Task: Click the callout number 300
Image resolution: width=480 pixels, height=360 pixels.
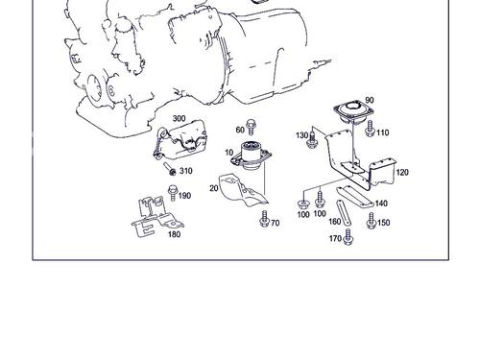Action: point(179,118)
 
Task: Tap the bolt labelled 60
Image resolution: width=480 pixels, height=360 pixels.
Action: point(251,127)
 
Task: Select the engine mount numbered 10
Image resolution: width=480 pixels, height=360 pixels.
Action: point(252,155)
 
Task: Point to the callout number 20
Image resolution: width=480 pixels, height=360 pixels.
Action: point(214,188)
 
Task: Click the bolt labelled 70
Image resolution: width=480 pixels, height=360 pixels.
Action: point(264,219)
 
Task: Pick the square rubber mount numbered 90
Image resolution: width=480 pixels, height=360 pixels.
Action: point(353,112)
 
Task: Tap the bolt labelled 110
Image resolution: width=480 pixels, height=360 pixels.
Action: point(370,128)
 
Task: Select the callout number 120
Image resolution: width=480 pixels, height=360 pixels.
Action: point(402,173)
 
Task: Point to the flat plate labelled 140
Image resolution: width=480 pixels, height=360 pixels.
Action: point(355,196)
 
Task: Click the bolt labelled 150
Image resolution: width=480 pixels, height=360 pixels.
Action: point(372,221)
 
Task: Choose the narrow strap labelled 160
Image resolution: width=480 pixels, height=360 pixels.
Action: point(343,213)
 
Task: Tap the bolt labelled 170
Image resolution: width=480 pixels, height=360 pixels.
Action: point(348,237)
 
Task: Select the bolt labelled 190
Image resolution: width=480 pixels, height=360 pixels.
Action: point(173,193)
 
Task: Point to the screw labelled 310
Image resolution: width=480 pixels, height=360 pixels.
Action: point(170,169)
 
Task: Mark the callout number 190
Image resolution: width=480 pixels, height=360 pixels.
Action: point(184,196)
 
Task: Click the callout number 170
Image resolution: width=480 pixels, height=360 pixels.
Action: point(335,238)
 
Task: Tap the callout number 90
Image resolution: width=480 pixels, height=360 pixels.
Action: point(369,100)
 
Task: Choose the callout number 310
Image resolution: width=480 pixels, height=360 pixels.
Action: point(186,171)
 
